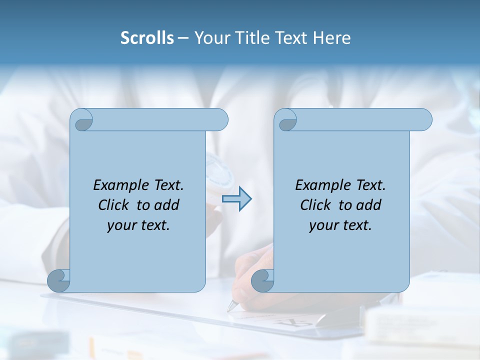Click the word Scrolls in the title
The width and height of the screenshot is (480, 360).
coord(147,38)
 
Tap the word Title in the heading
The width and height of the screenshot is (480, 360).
coord(250,38)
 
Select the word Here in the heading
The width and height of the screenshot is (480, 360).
coord(332,38)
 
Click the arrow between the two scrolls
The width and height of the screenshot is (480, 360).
coord(236,199)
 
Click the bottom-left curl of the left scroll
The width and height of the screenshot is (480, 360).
coord(59,280)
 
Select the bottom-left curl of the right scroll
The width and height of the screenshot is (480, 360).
coord(262,280)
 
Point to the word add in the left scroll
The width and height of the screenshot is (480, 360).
coord(166,205)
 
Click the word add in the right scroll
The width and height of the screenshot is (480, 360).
coord(368,205)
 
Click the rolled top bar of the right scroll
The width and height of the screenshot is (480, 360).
coord(360,119)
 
